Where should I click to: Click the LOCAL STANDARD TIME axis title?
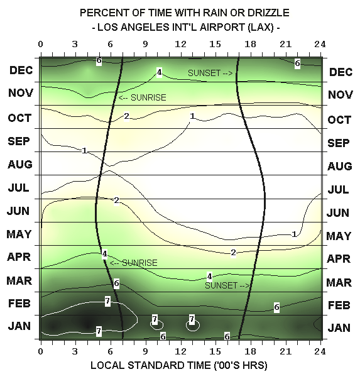179,365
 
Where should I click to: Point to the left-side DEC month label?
21,70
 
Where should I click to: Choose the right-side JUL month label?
338,190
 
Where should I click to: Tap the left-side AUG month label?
20,165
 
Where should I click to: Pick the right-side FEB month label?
339,305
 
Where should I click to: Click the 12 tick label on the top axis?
180,44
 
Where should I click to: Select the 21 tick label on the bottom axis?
286,351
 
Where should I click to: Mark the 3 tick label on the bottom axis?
75,351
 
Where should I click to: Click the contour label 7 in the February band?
107,301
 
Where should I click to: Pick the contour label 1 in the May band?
294,234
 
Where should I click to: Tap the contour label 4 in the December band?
159,72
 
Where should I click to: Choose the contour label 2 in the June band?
116,200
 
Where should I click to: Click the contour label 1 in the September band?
84,151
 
